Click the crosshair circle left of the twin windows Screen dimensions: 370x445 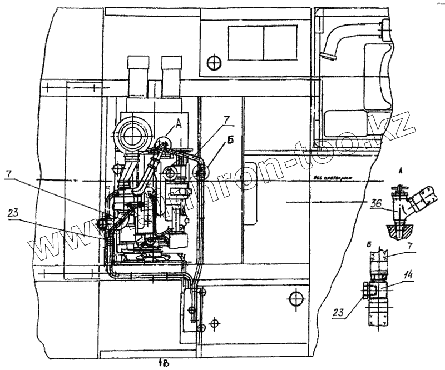point(214,62)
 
